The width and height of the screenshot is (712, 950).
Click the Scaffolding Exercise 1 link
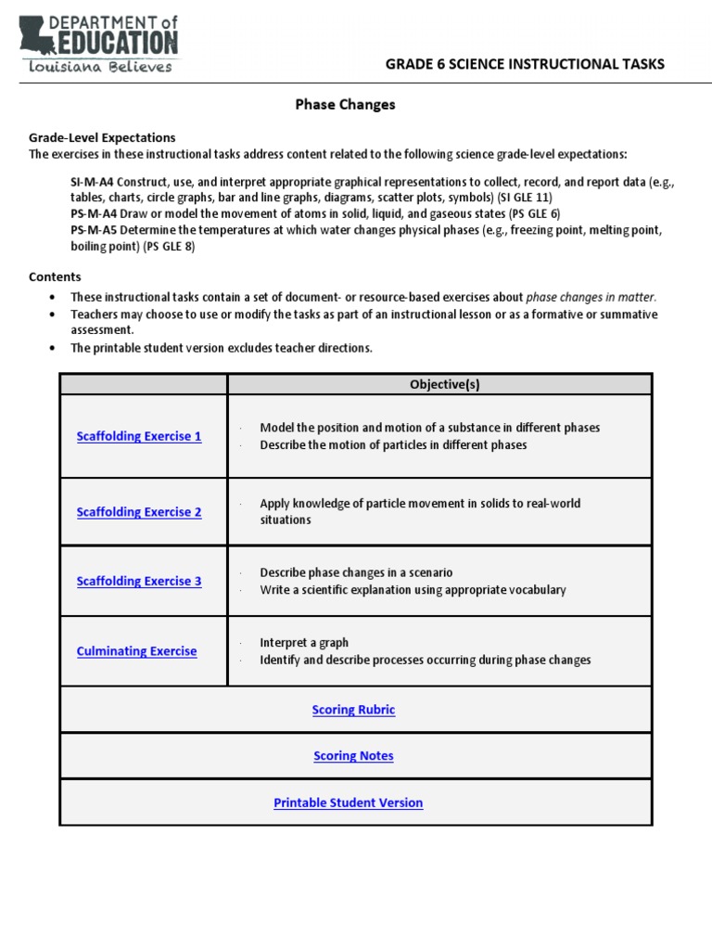click(x=139, y=436)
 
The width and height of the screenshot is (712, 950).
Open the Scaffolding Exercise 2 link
click(x=139, y=512)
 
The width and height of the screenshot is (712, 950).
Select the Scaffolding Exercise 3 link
click(x=139, y=582)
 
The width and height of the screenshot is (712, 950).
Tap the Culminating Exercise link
click(x=136, y=651)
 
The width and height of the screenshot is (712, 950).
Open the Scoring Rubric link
click(x=353, y=710)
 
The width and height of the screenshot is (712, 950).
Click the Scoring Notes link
click(x=353, y=756)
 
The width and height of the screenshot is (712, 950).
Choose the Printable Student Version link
click(x=349, y=803)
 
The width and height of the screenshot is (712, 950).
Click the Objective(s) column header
click(x=439, y=384)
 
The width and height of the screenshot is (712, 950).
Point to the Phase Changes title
click(x=345, y=105)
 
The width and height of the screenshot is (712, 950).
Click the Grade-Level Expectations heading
click(x=102, y=137)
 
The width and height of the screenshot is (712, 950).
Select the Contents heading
click(x=55, y=276)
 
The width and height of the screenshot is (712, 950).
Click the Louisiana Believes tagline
click(x=100, y=67)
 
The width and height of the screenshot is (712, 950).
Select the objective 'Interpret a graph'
click(x=304, y=643)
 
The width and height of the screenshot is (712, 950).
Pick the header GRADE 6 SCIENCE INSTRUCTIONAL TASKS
click(x=525, y=64)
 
